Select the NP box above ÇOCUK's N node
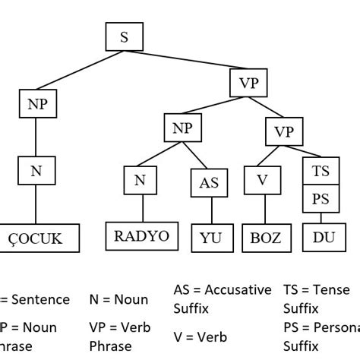tap(36, 104)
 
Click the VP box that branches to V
tap(283, 132)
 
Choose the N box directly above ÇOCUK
tap(36, 171)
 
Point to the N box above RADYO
tap(140, 181)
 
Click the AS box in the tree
tap(208, 182)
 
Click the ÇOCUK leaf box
tap(40, 238)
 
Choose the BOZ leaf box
tap(265, 238)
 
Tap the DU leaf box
tap(323, 238)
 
